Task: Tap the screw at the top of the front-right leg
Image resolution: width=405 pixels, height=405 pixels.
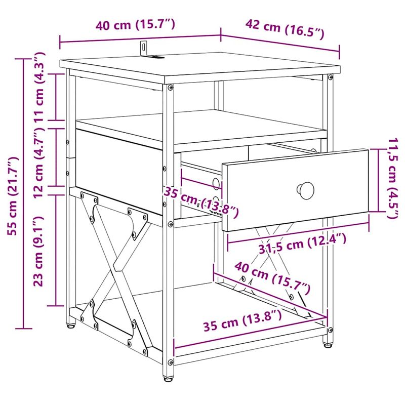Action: click(330, 78)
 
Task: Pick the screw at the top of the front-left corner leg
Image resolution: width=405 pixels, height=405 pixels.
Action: click(169, 88)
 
